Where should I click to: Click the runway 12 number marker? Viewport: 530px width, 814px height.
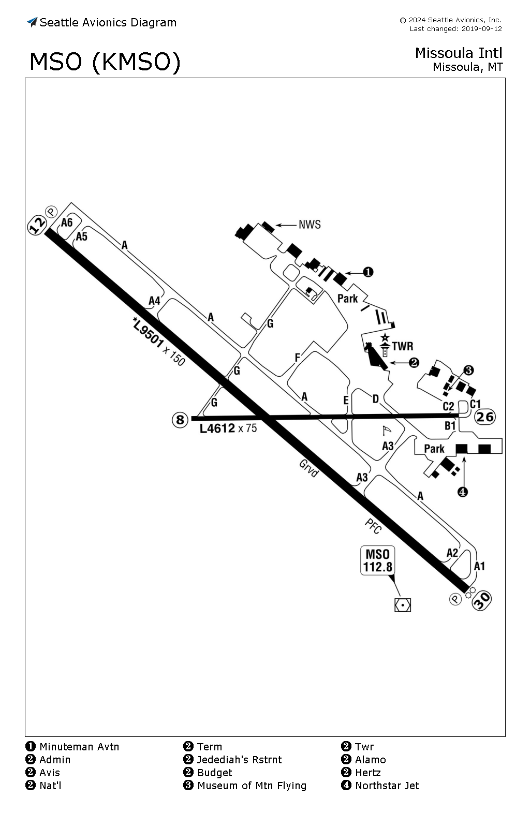pos(37,225)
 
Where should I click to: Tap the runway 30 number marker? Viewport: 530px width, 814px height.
pos(481,600)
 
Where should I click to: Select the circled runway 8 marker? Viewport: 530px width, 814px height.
pos(180,420)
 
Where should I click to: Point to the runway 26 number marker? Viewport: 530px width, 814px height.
pos(485,417)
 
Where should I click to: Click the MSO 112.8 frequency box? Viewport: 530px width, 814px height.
pos(377,560)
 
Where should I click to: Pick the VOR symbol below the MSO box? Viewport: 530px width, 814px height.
pos(402,605)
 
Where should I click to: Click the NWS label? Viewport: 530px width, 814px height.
pos(310,225)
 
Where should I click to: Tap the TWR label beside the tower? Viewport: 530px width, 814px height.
pos(402,346)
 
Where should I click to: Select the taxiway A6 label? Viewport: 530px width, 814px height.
pos(67,223)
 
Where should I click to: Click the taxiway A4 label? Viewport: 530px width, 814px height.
pos(154,301)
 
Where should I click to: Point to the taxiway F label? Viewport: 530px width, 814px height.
pos(298,358)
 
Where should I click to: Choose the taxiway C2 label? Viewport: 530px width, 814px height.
pos(448,406)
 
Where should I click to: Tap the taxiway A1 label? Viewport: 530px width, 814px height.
pos(479,566)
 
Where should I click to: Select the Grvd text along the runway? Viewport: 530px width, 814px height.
pos(308,468)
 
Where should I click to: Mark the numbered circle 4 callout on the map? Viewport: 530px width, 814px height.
pos(462,492)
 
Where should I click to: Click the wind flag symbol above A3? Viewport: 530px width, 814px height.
pos(387,431)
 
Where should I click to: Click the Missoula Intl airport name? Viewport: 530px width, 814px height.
pos(459,53)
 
